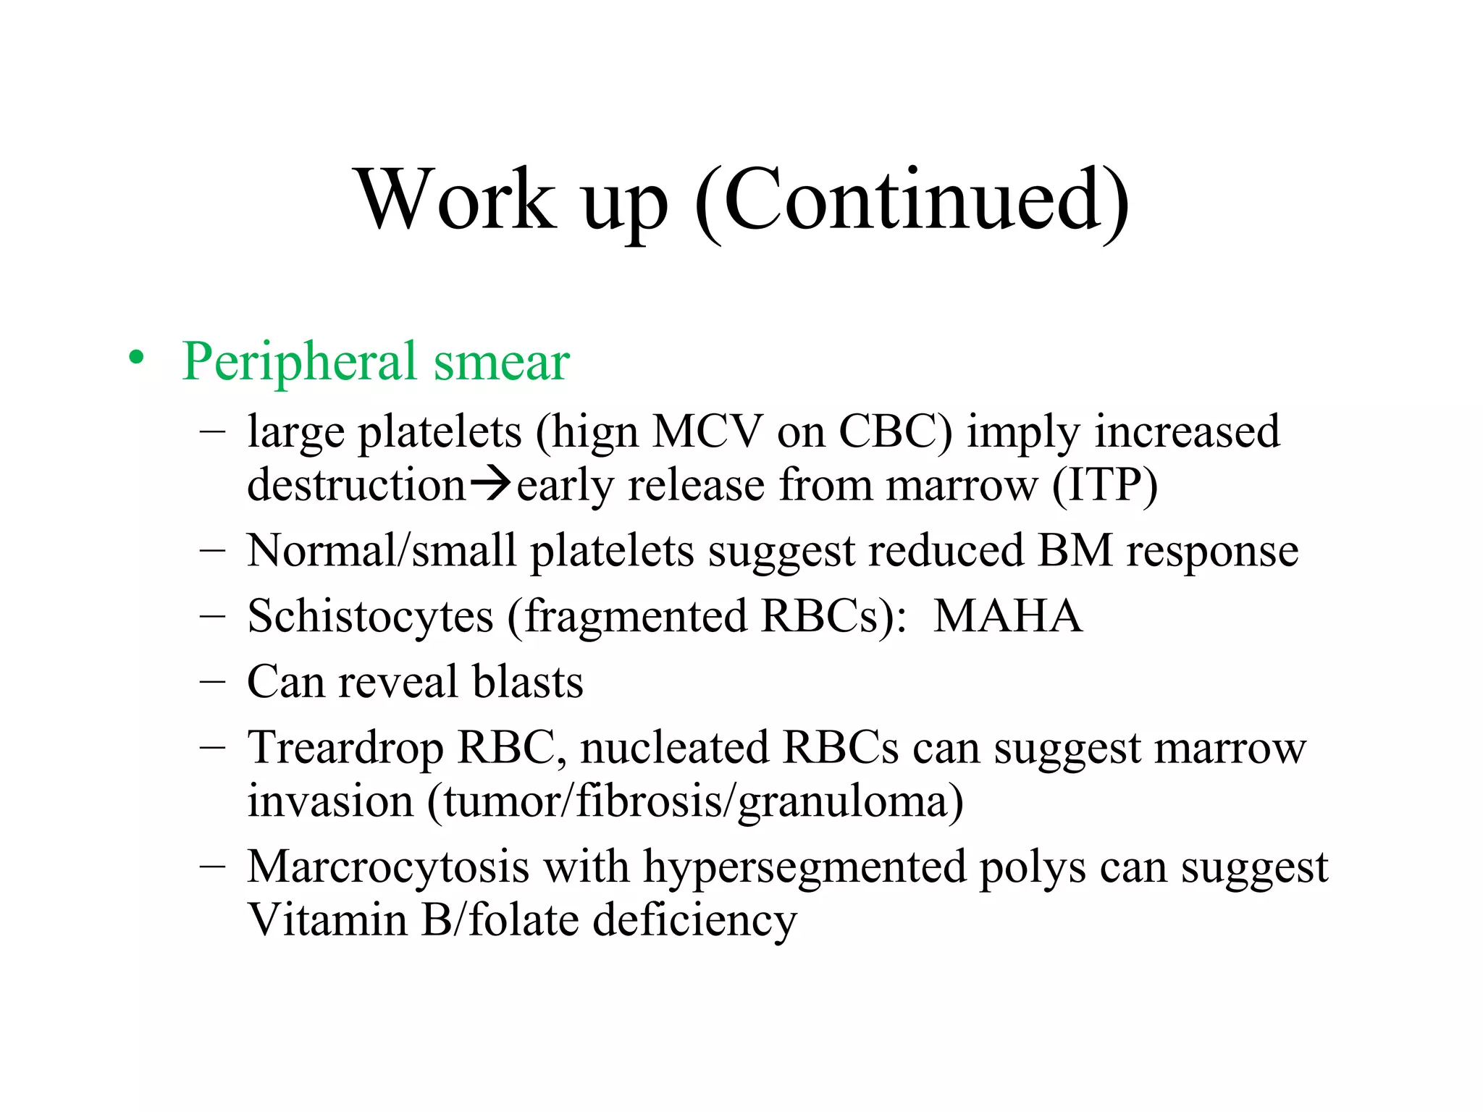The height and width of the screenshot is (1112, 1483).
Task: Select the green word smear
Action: pos(501,361)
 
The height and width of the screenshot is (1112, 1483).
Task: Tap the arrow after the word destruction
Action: pos(491,484)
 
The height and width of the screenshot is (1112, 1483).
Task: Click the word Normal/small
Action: pos(382,551)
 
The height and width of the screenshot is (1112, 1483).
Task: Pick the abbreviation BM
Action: pos(1075,551)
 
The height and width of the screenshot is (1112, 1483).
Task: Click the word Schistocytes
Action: pos(370,616)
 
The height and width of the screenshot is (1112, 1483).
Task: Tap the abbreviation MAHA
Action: pos(1008,616)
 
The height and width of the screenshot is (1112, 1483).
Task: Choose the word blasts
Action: pos(528,682)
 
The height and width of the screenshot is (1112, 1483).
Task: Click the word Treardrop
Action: pos(345,748)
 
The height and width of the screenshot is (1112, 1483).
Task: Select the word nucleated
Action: pos(673,748)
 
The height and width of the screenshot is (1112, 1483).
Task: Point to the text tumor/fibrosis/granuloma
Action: pos(696,801)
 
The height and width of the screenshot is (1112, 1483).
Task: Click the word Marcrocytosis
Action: pos(388,867)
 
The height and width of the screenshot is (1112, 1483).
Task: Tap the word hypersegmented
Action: pos(804,867)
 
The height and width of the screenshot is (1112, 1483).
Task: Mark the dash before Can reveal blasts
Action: pos(211,682)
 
